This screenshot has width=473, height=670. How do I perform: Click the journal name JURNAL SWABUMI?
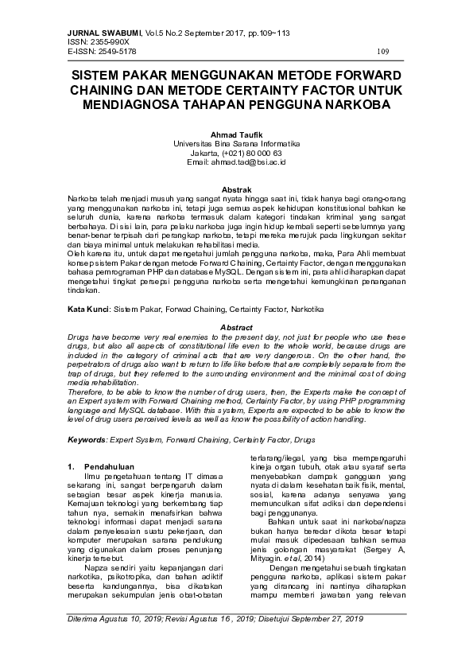(102, 32)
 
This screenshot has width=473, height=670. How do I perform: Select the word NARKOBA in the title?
(355, 104)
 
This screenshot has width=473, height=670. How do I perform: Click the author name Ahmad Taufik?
(236, 134)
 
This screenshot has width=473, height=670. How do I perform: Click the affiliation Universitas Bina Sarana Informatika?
(236, 143)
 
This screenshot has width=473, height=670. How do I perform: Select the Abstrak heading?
(236, 189)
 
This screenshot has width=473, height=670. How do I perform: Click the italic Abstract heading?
(236, 327)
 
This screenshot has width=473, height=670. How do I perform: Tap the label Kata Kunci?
(87, 307)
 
